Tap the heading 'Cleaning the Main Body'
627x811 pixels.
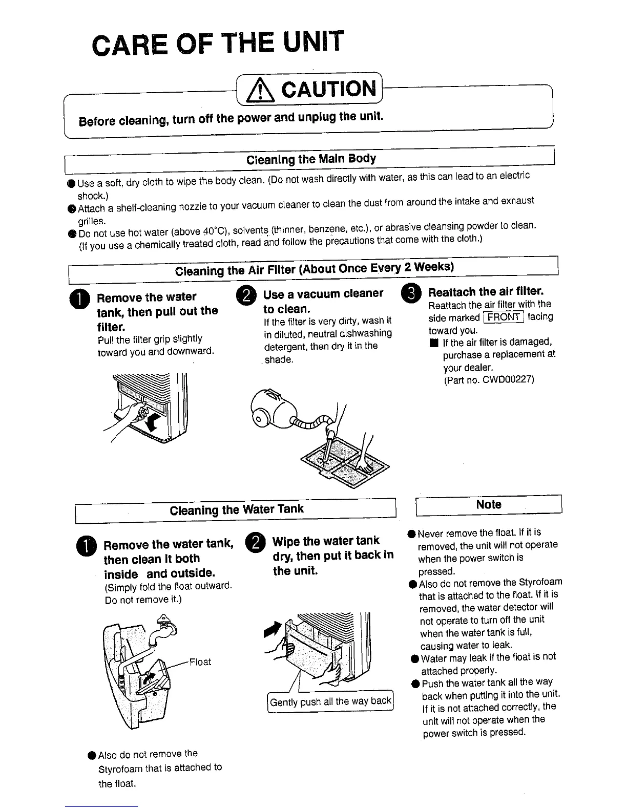click(311, 159)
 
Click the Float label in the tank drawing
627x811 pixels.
click(200, 662)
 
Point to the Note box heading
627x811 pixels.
click(488, 505)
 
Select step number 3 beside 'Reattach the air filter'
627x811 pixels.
click(411, 293)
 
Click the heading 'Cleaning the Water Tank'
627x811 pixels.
click(236, 510)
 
